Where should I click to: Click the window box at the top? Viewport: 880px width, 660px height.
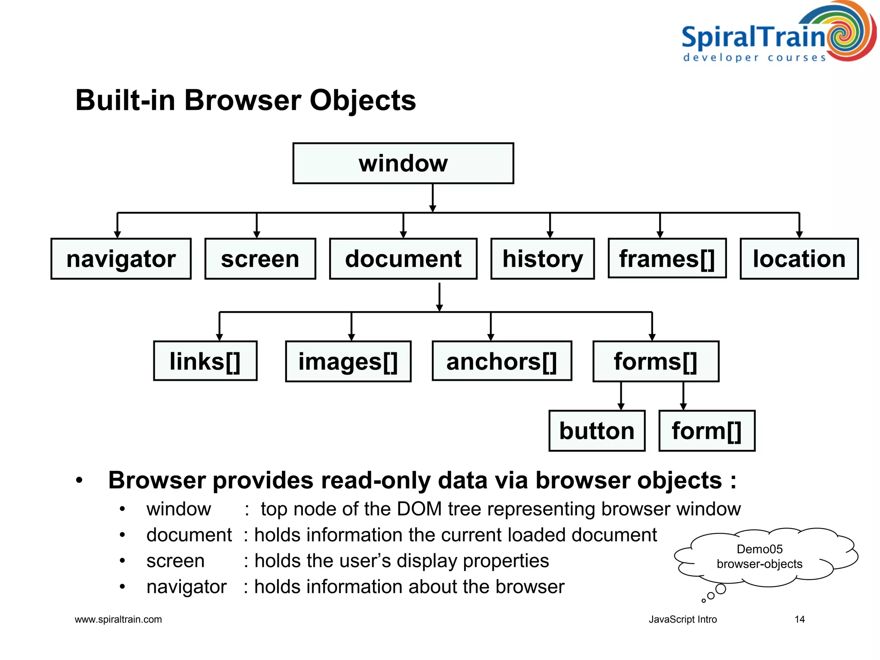click(x=403, y=163)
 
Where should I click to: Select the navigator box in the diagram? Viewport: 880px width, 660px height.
click(x=121, y=259)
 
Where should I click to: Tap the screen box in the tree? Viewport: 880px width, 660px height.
click(x=260, y=259)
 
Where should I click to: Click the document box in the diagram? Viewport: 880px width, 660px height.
click(x=403, y=259)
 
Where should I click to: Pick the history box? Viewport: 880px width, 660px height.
click(x=542, y=259)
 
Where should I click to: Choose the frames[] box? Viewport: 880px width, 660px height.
click(x=667, y=258)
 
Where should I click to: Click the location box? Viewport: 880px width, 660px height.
click(x=799, y=259)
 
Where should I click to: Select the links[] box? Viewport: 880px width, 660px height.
click(x=205, y=361)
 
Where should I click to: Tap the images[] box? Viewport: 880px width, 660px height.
click(x=348, y=361)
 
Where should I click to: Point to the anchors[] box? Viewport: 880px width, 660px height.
click(x=501, y=361)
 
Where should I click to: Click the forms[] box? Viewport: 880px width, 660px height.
click(x=655, y=361)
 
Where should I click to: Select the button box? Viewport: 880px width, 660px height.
click(x=596, y=431)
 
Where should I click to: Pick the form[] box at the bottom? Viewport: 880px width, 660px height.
click(x=706, y=431)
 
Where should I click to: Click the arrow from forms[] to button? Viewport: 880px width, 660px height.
click(x=620, y=396)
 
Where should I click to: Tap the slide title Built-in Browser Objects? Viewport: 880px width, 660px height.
click(x=245, y=100)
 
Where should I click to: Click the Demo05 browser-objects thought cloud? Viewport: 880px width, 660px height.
click(x=759, y=557)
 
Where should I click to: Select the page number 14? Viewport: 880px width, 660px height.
click(x=799, y=619)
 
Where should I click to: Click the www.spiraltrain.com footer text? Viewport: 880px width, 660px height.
click(x=118, y=619)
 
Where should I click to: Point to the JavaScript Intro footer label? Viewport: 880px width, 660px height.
click(x=682, y=619)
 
